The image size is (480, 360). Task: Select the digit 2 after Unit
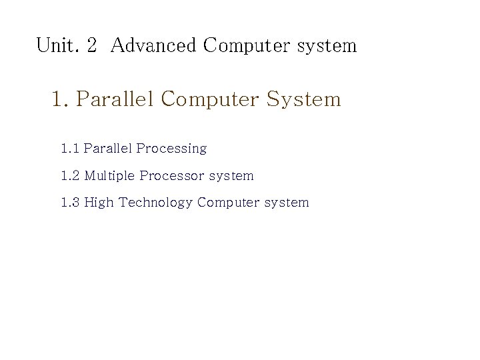click(x=92, y=46)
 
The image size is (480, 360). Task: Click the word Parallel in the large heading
click(x=115, y=99)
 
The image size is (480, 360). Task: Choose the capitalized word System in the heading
click(x=303, y=100)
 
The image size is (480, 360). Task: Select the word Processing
click(x=171, y=149)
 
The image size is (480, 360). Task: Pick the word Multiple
click(x=110, y=176)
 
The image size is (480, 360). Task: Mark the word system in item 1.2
click(x=231, y=177)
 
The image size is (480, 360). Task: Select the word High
click(x=99, y=203)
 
